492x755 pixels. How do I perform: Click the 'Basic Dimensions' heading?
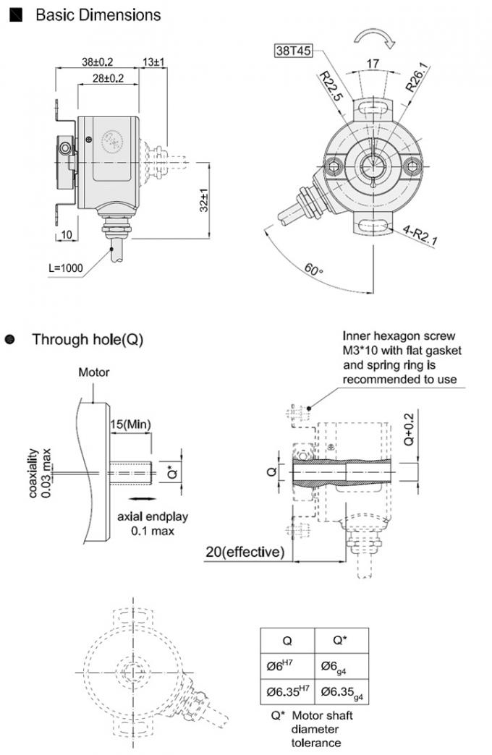click(x=98, y=14)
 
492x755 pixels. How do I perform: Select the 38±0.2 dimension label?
click(x=97, y=62)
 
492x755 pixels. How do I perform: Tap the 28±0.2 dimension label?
click(x=108, y=77)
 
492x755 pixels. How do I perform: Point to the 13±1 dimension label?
click(x=154, y=62)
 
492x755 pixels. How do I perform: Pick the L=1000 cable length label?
click(x=66, y=268)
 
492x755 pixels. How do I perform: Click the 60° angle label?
click(x=313, y=272)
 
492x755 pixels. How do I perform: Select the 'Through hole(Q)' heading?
click(x=88, y=338)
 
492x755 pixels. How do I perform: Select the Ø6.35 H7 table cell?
click(x=287, y=691)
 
